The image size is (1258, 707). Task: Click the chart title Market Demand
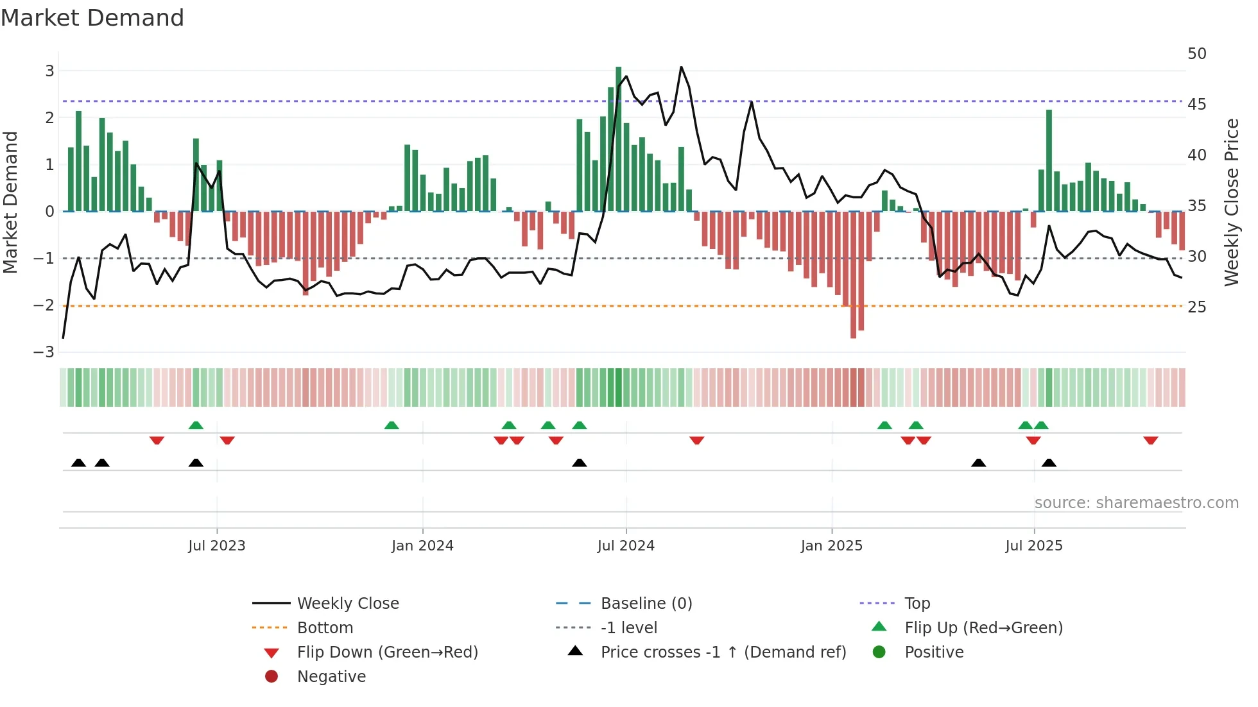[x=92, y=17]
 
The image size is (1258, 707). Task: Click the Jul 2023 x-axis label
[x=217, y=546]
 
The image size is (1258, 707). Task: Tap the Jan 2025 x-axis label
[x=831, y=546]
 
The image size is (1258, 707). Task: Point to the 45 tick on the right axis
[x=1196, y=104]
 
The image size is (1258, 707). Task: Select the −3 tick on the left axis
[x=44, y=352]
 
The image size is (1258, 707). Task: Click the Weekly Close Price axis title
[x=1231, y=202]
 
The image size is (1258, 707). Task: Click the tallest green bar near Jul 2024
[x=618, y=138]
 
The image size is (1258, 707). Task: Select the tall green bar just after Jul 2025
[x=1049, y=160]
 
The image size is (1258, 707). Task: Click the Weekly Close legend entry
[x=347, y=603]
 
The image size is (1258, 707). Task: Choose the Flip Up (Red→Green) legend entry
[x=983, y=627]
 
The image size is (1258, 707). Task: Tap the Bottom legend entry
[x=325, y=627]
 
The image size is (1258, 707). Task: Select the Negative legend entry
[x=331, y=676]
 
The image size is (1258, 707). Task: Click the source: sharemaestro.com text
[x=1136, y=502]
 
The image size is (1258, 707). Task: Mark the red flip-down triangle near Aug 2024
[x=696, y=440]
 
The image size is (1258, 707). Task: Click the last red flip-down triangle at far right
[x=1150, y=440]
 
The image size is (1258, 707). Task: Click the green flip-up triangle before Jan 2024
[x=391, y=425]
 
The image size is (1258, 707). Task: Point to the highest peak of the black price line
[x=681, y=67]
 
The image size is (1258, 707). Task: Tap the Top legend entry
[x=917, y=603]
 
